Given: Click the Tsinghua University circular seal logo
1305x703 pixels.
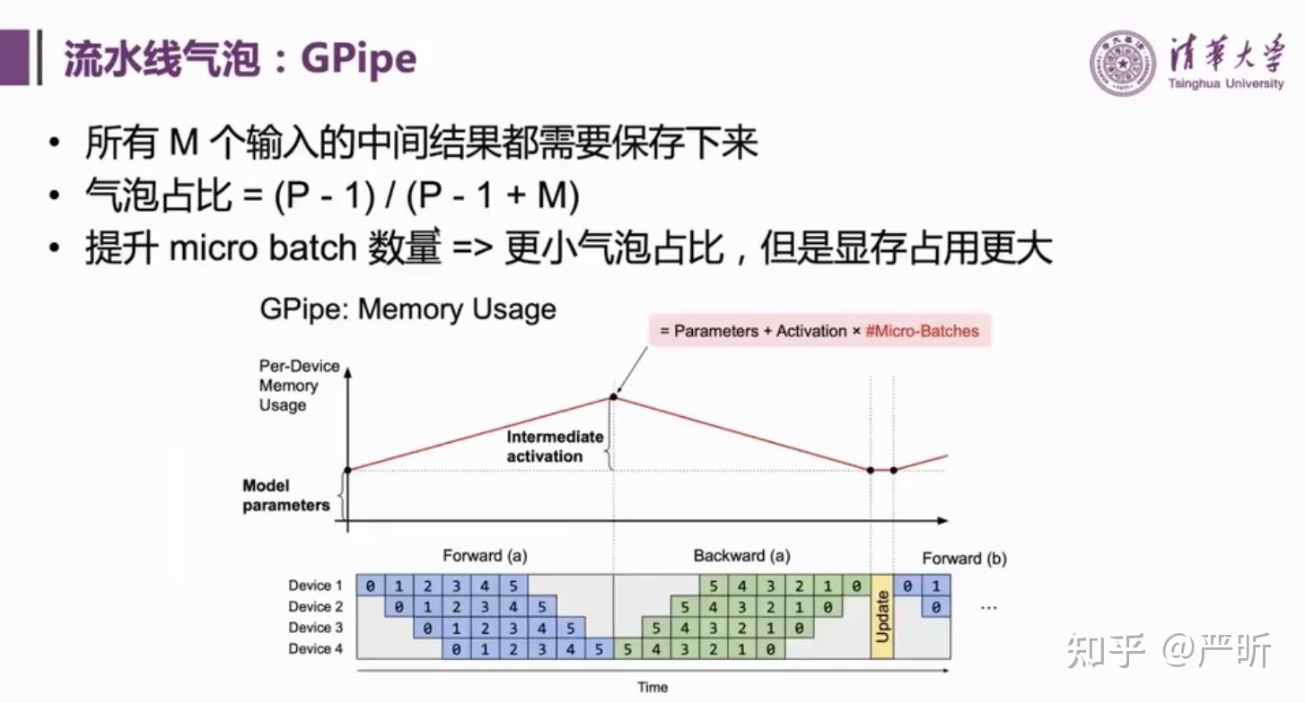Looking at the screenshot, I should coord(1123,63).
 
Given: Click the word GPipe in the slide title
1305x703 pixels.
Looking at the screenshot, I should coord(359,59).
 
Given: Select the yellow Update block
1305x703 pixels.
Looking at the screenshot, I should coord(882,617).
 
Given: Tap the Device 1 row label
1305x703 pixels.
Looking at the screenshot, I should coord(315,586).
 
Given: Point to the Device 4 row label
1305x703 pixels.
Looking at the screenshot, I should coord(315,649).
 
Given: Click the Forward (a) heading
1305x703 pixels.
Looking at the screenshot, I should coord(485,556).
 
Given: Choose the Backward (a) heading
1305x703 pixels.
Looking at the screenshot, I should coord(741,556).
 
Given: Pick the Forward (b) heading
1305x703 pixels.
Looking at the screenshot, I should coord(964,559).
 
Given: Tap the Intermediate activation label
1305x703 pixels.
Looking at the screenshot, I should coord(554,447).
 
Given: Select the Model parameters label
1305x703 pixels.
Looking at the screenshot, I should coord(285,496).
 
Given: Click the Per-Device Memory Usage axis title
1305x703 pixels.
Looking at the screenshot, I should coord(299,386).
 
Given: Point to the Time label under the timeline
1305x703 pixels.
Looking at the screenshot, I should coord(652,687).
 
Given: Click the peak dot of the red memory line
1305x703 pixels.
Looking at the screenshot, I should coord(614,395).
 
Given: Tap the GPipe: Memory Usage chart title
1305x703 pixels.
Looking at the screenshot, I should coord(407,309).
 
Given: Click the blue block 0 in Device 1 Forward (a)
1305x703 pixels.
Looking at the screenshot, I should coord(370,586).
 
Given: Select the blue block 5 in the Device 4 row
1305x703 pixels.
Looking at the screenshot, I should coord(599,649).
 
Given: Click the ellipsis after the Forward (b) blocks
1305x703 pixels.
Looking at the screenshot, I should coord(989,607).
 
